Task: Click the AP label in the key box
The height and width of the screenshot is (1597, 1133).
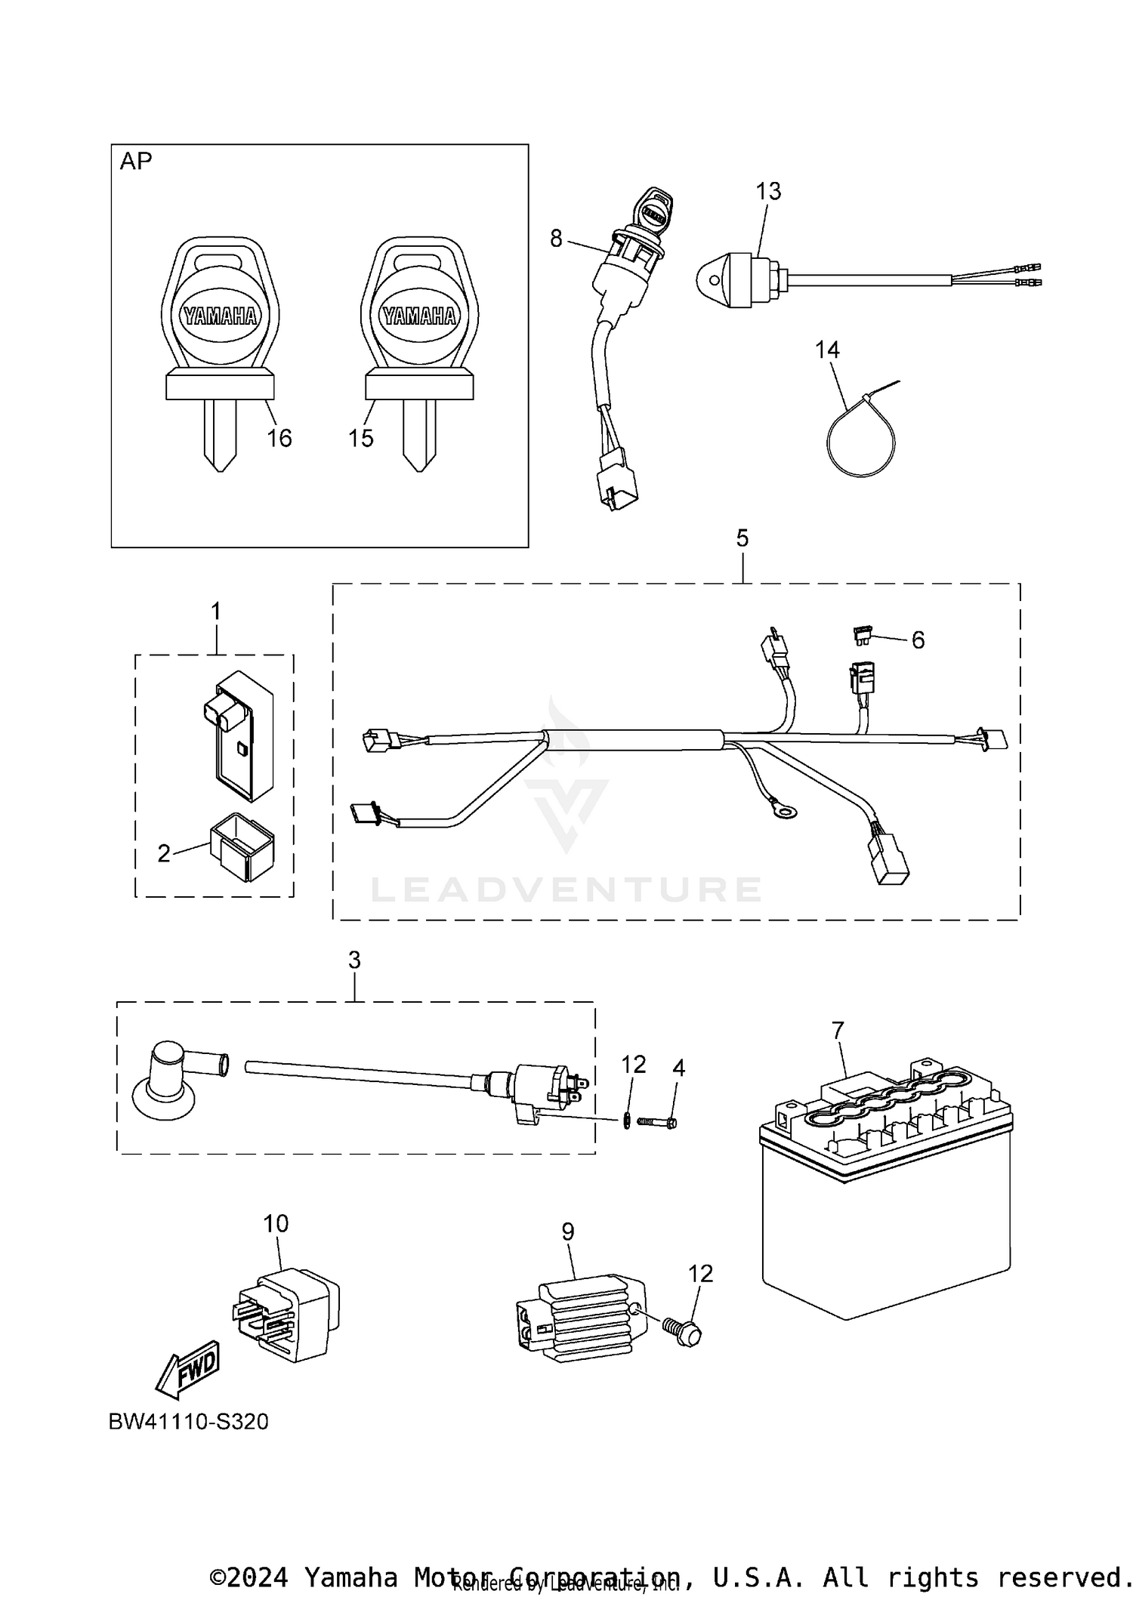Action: click(136, 162)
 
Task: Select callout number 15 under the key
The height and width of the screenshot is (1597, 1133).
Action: click(361, 438)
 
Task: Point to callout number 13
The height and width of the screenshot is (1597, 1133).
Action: click(768, 191)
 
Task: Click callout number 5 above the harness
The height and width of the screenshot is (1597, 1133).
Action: click(742, 538)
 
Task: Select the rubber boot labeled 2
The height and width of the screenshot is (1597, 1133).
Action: click(242, 846)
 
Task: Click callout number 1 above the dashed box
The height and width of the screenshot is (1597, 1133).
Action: click(216, 611)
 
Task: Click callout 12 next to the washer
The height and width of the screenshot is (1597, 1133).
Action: click(634, 1065)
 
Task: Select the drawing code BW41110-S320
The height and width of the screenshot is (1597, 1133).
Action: click(189, 1422)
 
